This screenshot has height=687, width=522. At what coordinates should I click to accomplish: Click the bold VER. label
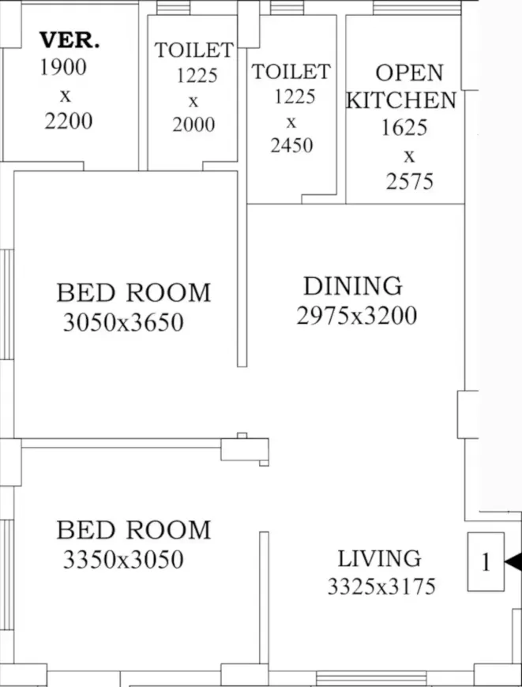(x=69, y=40)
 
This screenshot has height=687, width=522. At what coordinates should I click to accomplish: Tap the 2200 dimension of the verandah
(x=69, y=122)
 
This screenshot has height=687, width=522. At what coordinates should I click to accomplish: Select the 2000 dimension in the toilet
(x=193, y=125)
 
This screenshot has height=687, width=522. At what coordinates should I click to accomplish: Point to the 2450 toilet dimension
(x=292, y=145)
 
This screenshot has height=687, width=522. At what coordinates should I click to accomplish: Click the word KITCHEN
(x=401, y=100)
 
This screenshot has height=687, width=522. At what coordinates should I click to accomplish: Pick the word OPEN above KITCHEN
(x=409, y=73)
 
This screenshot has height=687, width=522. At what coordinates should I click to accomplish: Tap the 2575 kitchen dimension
(x=410, y=182)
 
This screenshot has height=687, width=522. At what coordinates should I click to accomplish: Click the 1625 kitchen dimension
(x=404, y=128)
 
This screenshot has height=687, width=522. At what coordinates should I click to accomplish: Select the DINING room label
(x=353, y=286)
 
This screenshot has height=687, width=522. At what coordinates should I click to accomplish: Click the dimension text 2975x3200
(x=357, y=315)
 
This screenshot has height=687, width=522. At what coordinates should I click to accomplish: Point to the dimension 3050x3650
(x=123, y=322)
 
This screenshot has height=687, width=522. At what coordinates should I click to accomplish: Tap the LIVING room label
(x=380, y=558)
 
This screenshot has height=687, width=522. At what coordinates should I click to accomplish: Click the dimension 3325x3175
(x=381, y=586)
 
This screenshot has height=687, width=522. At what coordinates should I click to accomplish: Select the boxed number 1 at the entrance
(x=486, y=562)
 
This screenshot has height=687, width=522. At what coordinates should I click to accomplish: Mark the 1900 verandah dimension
(x=63, y=67)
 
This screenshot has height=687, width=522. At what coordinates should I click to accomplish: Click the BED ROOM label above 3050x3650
(x=133, y=293)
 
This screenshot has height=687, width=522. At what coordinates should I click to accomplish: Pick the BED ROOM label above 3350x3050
(x=133, y=530)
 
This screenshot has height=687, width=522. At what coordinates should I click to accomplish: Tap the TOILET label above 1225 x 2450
(x=291, y=72)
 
